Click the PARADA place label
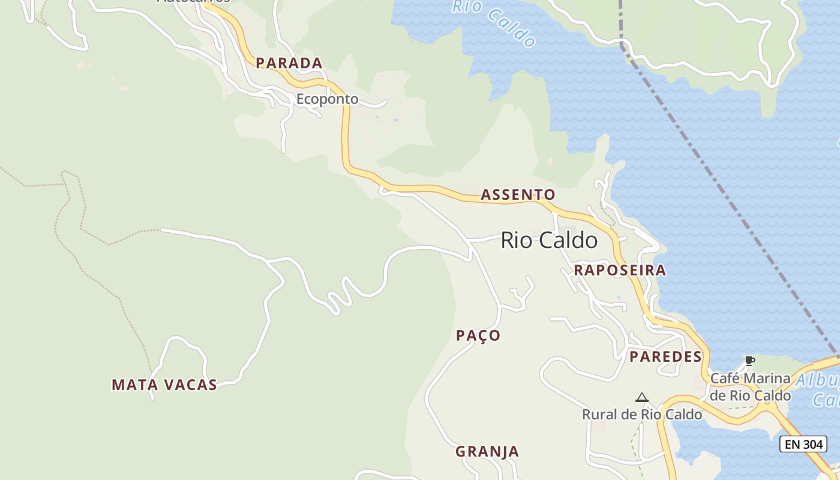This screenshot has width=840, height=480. (x=289, y=63)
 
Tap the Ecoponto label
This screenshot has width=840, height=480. (x=327, y=99)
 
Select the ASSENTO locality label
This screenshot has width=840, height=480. (x=518, y=194)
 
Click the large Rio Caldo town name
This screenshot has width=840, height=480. (x=549, y=241)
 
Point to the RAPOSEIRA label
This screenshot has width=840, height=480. (x=620, y=270)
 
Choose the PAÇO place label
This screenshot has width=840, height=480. (x=478, y=335)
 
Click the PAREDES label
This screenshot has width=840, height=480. (x=665, y=356)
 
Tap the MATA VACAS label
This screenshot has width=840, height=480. (x=164, y=385)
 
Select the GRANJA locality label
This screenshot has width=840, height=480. (x=487, y=451)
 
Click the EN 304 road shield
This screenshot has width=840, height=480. (x=803, y=444)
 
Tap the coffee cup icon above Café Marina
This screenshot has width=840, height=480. (x=749, y=361)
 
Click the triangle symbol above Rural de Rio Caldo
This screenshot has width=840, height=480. (x=642, y=397)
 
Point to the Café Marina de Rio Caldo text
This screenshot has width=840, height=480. (x=750, y=387)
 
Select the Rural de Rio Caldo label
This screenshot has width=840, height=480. (x=642, y=414)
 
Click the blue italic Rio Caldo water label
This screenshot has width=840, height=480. (x=494, y=23)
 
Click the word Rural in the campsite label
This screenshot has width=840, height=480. (x=601, y=414)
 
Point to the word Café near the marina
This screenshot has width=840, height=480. (x=724, y=379)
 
